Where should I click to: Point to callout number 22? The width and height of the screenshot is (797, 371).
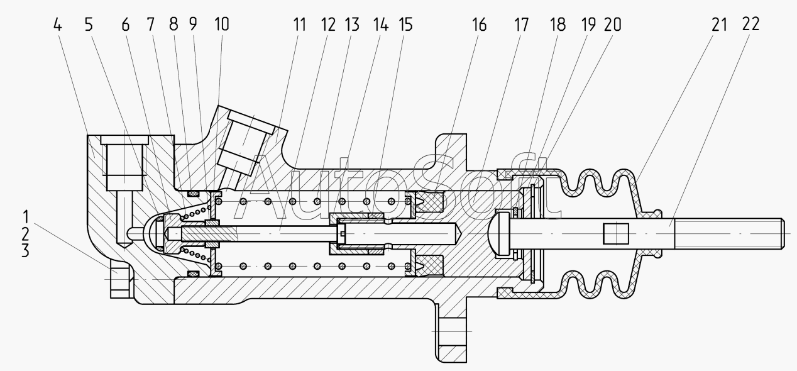(x=750, y=25)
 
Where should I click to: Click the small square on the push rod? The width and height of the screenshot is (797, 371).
(x=615, y=235)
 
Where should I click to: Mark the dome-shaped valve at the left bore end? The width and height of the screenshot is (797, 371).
(x=153, y=232)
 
